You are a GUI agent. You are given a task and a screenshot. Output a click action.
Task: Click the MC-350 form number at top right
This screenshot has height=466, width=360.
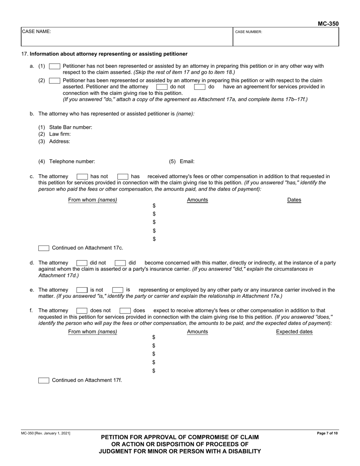click(x=328, y=24)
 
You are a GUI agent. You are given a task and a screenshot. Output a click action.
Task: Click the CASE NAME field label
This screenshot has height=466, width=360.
click(x=36, y=32)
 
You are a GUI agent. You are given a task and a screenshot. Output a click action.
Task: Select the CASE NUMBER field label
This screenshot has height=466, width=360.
click(x=249, y=32)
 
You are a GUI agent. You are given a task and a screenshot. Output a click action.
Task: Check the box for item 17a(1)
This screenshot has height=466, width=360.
click(x=55, y=66)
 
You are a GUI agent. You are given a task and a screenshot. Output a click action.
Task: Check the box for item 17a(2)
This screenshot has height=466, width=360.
click(x=55, y=81)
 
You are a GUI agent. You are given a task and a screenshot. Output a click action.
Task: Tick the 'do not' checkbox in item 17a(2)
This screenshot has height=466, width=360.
click(x=162, y=87)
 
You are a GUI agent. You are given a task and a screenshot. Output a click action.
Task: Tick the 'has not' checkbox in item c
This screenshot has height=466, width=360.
click(x=82, y=177)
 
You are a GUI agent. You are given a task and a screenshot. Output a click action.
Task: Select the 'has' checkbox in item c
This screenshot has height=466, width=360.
click(x=123, y=177)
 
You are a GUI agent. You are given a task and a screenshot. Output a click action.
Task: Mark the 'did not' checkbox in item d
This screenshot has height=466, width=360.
click(x=82, y=263)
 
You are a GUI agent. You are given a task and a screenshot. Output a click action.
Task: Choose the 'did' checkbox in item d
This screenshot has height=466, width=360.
click(x=120, y=263)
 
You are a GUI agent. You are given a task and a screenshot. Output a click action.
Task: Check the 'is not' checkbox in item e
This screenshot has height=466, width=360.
click(x=82, y=290)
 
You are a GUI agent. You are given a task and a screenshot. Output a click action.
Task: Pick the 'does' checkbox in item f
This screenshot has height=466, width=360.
click(x=125, y=311)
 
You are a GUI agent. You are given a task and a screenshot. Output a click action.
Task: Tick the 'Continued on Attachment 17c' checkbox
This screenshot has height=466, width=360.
click(x=44, y=249)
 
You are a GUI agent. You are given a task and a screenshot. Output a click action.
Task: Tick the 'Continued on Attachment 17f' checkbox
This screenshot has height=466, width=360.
click(x=44, y=380)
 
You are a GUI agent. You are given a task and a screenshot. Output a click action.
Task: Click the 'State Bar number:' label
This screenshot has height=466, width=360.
click(x=70, y=127)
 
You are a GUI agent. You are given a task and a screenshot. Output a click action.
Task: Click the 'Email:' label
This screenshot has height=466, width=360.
click(x=187, y=161)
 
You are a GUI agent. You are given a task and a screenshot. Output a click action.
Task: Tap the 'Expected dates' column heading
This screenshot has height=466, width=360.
click(x=294, y=332)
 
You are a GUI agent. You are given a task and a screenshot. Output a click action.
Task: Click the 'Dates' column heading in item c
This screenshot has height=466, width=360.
click(x=294, y=200)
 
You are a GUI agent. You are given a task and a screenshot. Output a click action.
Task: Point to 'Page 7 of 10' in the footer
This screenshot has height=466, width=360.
click(x=327, y=433)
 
